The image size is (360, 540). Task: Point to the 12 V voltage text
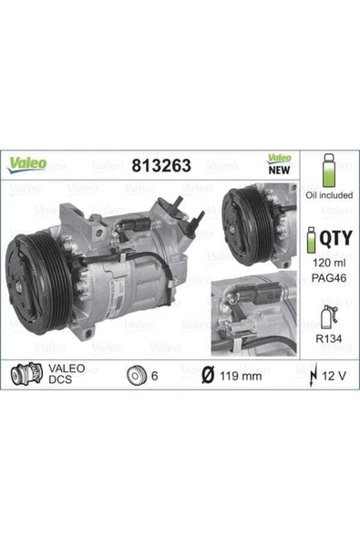click(x=334, y=375)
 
